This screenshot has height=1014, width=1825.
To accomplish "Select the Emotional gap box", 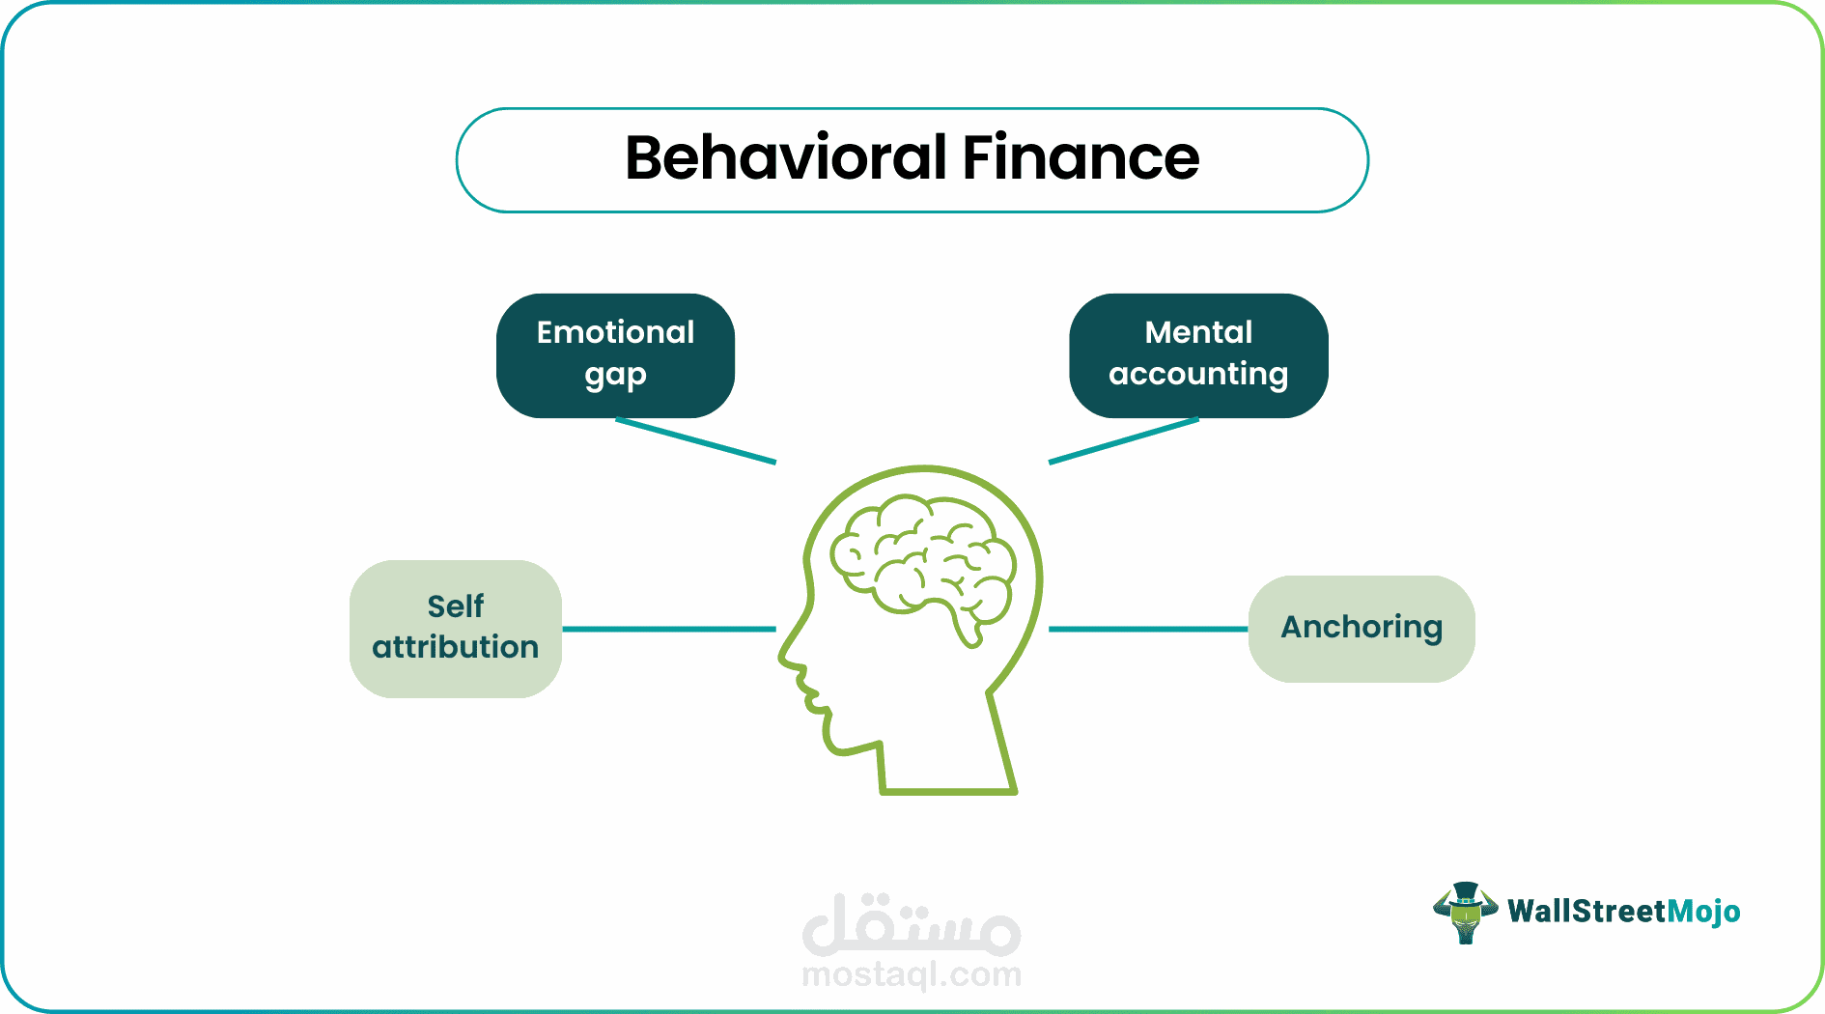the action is pyautogui.click(x=615, y=355).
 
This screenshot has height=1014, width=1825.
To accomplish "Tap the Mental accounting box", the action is pyautogui.click(x=1198, y=355).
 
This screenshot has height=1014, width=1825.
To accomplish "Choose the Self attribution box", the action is pyautogui.click(x=456, y=629).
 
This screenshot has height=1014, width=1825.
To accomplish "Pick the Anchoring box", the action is pyautogui.click(x=1362, y=629).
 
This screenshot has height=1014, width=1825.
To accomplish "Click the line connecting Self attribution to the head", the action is pyautogui.click(x=669, y=629).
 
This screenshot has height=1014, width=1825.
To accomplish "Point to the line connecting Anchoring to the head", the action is pyautogui.click(x=1148, y=629).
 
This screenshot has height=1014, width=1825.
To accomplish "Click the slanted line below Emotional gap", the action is pyautogui.click(x=696, y=440).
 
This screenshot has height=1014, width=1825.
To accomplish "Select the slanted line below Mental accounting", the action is pyautogui.click(x=1124, y=440).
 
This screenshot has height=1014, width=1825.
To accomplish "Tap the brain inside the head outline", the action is pyautogui.click(x=923, y=565).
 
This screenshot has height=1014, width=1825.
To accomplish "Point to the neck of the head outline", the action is pyautogui.click(x=946, y=763).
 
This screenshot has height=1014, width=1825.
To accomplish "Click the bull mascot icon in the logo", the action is pyautogui.click(x=1465, y=912).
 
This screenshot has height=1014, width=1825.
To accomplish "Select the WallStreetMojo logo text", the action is pyautogui.click(x=1624, y=912).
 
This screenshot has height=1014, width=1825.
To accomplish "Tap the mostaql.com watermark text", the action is pyautogui.click(x=912, y=974).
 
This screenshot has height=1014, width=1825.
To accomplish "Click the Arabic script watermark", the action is pyautogui.click(x=912, y=924).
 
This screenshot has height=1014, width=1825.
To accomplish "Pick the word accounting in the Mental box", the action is pyautogui.click(x=1198, y=375).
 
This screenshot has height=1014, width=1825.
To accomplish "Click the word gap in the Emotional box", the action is pyautogui.click(x=615, y=375).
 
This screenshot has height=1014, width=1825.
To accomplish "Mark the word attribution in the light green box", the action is pyautogui.click(x=456, y=647).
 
